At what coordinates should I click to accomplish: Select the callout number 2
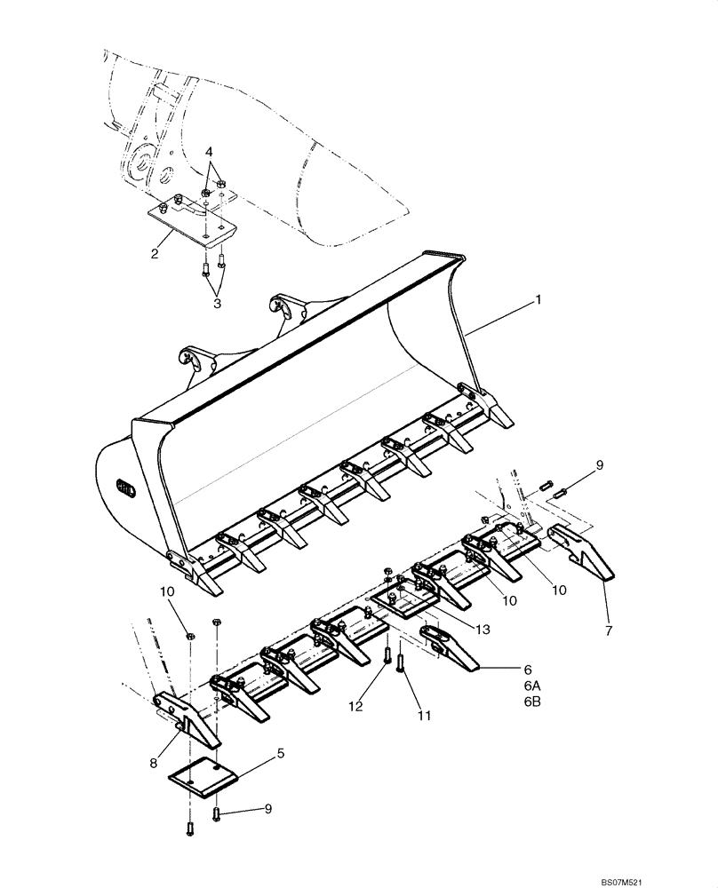click(155, 254)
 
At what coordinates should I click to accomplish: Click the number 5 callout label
click(281, 753)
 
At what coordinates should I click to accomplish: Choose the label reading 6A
click(531, 685)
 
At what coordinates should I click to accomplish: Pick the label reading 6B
click(531, 702)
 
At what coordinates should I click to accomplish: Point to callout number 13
click(483, 630)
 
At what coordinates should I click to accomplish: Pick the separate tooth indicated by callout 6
click(449, 646)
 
